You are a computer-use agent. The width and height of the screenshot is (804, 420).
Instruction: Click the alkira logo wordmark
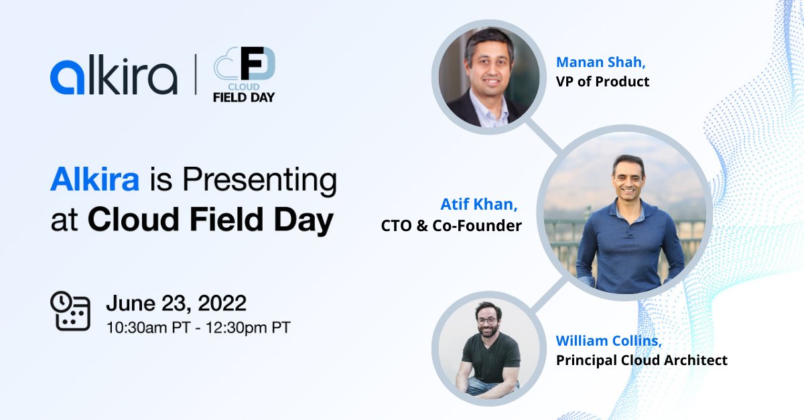coord(113,77)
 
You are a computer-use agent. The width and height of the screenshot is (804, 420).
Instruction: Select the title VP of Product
coord(602,82)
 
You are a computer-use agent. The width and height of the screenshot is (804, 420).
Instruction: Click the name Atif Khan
coord(479,204)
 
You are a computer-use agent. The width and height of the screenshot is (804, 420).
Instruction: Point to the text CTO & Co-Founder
coord(452,226)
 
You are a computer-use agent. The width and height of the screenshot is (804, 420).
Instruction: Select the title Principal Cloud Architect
coord(641,360)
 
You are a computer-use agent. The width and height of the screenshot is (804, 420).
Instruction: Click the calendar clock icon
coord(70,310)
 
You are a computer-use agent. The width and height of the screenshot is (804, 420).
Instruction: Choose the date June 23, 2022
coord(176,303)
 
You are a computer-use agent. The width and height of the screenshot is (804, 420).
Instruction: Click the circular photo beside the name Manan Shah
coord(486,74)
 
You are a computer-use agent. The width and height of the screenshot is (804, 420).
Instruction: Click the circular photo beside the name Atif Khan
coord(624,212)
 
